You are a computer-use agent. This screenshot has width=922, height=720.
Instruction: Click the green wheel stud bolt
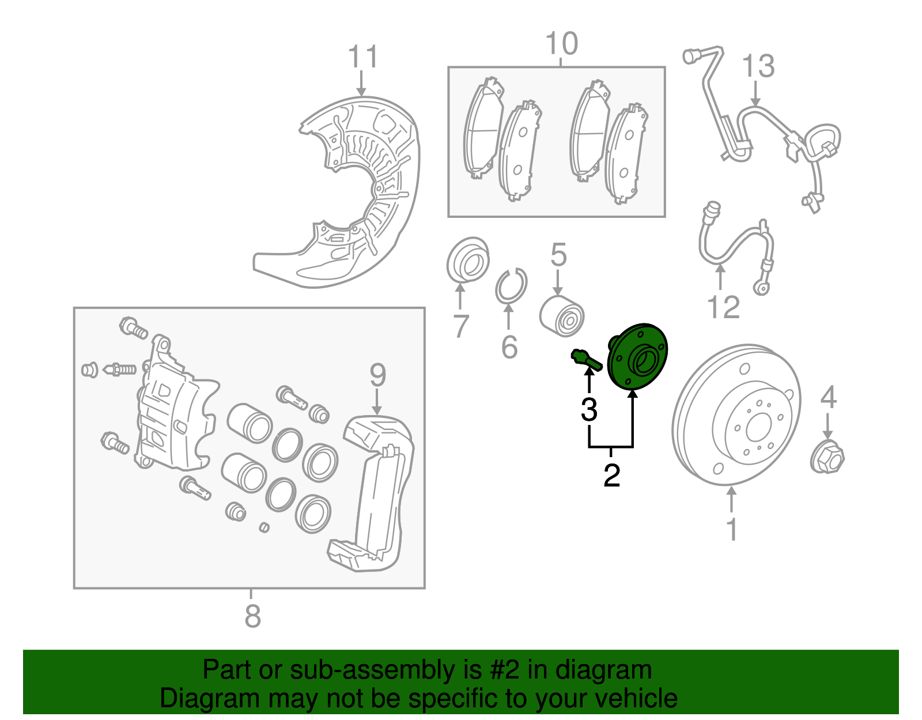tap(586, 360)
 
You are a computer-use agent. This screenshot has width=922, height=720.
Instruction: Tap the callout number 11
tap(362, 58)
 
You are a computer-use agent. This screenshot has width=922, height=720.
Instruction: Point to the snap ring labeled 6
tap(511, 286)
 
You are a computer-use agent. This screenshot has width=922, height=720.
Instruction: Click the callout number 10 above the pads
tap(561, 44)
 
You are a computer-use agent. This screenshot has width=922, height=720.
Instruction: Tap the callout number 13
tap(758, 66)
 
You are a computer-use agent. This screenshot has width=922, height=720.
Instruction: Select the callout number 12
tap(723, 307)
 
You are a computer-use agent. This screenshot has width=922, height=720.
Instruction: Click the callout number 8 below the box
tap(252, 616)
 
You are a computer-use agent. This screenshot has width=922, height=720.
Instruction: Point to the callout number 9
tap(377, 375)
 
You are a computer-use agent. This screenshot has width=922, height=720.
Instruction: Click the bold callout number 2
tap(611, 475)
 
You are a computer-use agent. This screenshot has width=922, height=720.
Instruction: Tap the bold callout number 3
tap(589, 409)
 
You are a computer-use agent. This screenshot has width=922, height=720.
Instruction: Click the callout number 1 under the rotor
tap(732, 529)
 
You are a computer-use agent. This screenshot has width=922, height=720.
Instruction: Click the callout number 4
tap(827, 397)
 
